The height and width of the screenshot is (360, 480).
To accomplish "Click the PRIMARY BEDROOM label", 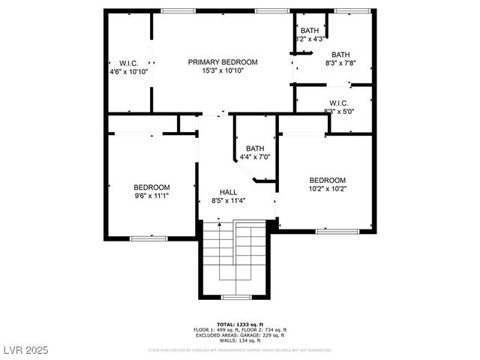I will pyautogui.click(x=223, y=62).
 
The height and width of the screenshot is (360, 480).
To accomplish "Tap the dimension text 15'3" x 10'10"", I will pyautogui.click(x=223, y=71).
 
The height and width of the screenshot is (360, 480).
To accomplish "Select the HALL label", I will pyautogui.click(x=228, y=192).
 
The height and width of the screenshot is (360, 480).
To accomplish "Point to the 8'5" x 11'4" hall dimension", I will pyautogui.click(x=228, y=201).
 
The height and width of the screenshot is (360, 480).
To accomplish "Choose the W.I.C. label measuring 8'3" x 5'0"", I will pyautogui.click(x=338, y=103).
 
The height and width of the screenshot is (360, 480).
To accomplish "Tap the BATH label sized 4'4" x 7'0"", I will pyautogui.click(x=254, y=148).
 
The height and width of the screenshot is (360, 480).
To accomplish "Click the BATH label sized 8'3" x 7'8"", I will pyautogui.click(x=340, y=55).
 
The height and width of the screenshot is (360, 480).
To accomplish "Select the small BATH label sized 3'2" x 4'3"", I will pyautogui.click(x=309, y=31).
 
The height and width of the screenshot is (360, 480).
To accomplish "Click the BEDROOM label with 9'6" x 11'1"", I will pyautogui.click(x=151, y=187).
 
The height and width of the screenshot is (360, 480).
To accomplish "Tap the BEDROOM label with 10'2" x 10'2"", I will pyautogui.click(x=328, y=180).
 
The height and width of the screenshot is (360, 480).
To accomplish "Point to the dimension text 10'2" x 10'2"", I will pyautogui.click(x=328, y=189).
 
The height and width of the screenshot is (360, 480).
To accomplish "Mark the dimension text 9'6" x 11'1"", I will pyautogui.click(x=151, y=196).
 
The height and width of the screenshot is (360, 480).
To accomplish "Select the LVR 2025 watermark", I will pyautogui.click(x=25, y=351).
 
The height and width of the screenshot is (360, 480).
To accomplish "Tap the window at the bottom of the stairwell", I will pyautogui.click(x=236, y=298).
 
